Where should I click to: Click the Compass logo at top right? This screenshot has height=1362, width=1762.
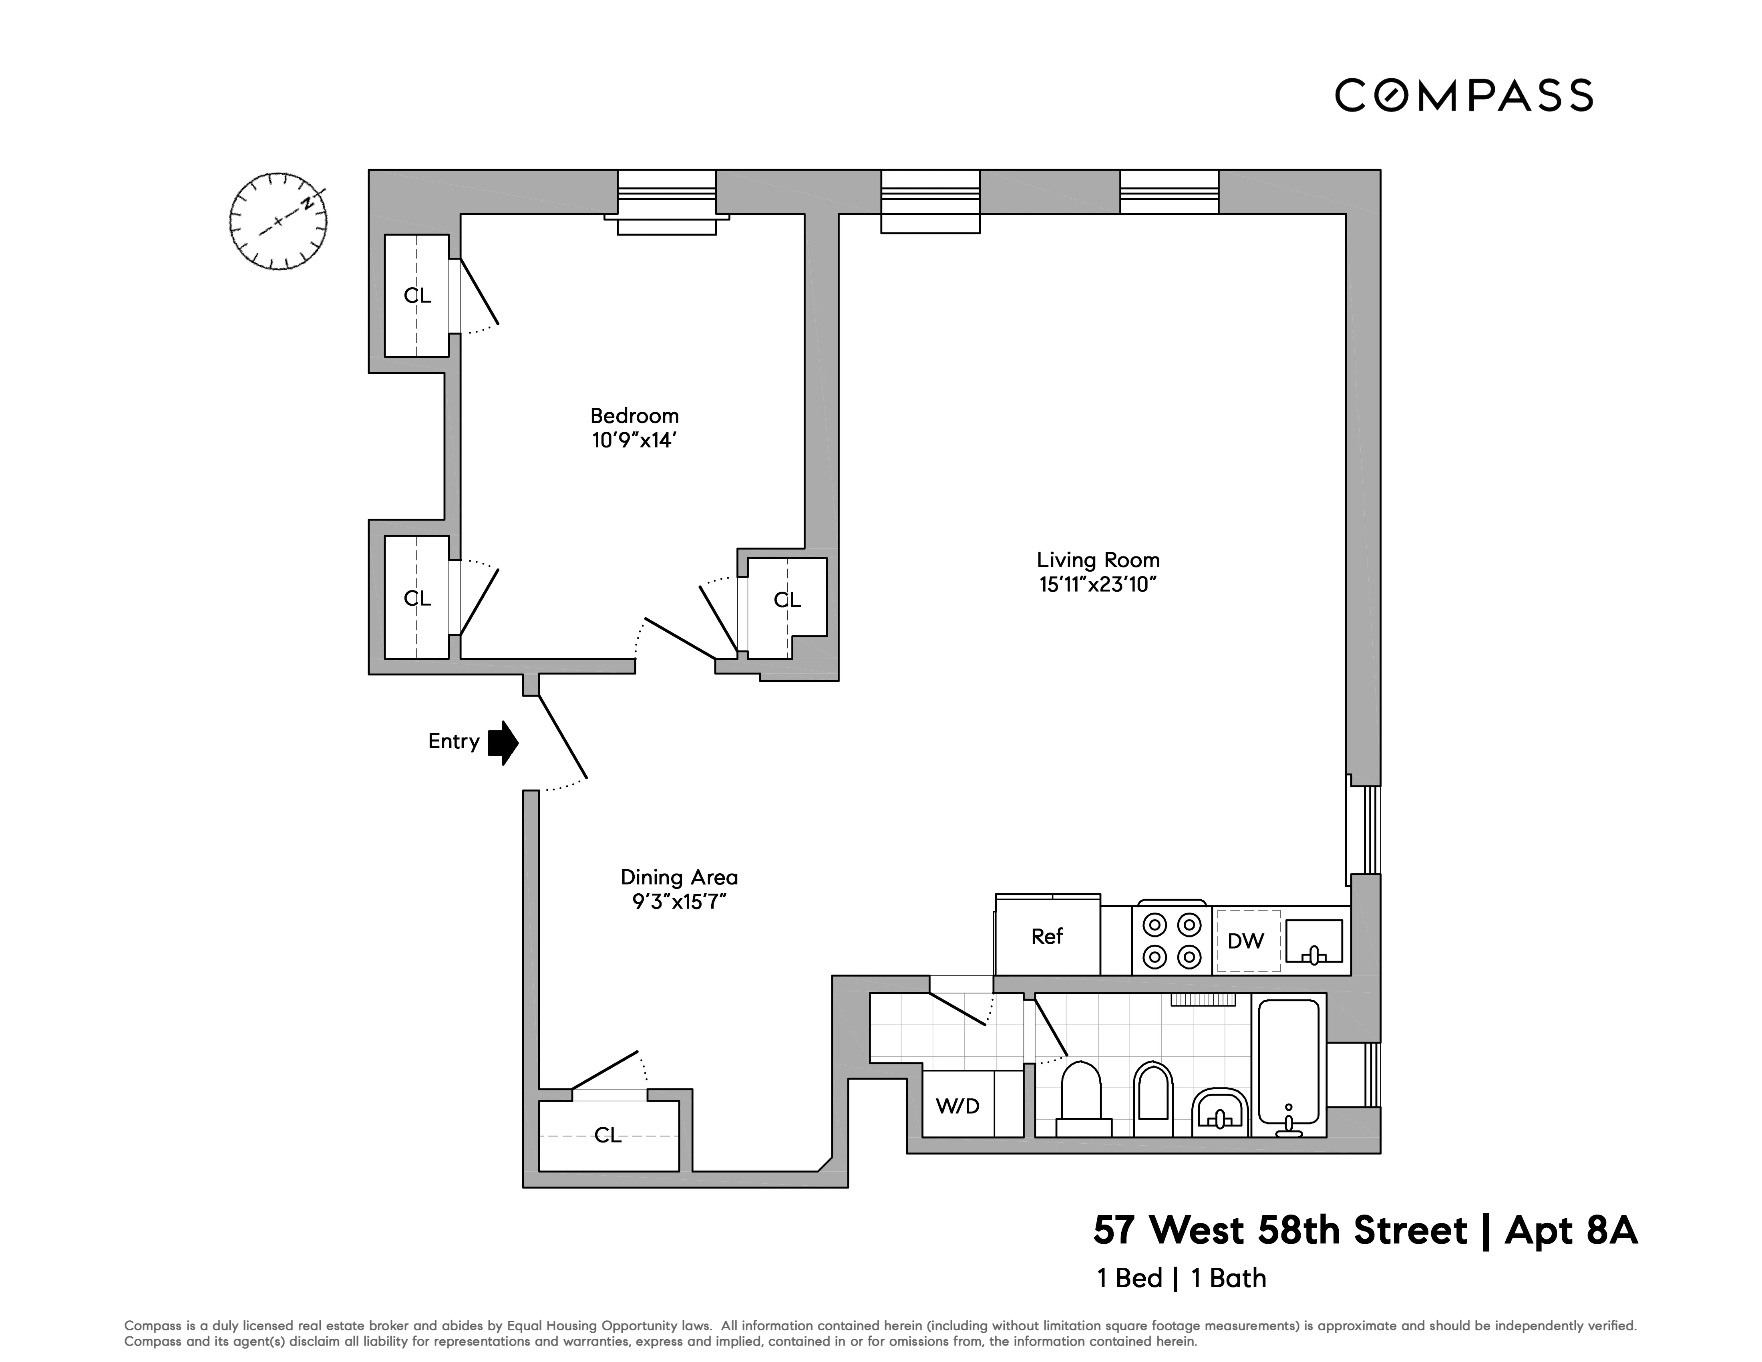click(1464, 95)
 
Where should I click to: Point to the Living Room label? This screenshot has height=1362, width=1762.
click(1098, 560)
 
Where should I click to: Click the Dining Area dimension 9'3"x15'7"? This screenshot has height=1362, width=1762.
click(679, 901)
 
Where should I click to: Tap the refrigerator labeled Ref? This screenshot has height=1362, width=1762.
click(1047, 936)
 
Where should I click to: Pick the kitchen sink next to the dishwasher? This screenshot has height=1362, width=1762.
click(1313, 942)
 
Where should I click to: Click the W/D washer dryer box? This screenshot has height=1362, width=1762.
click(957, 1105)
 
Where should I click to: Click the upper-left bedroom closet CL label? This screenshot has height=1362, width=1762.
click(417, 296)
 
